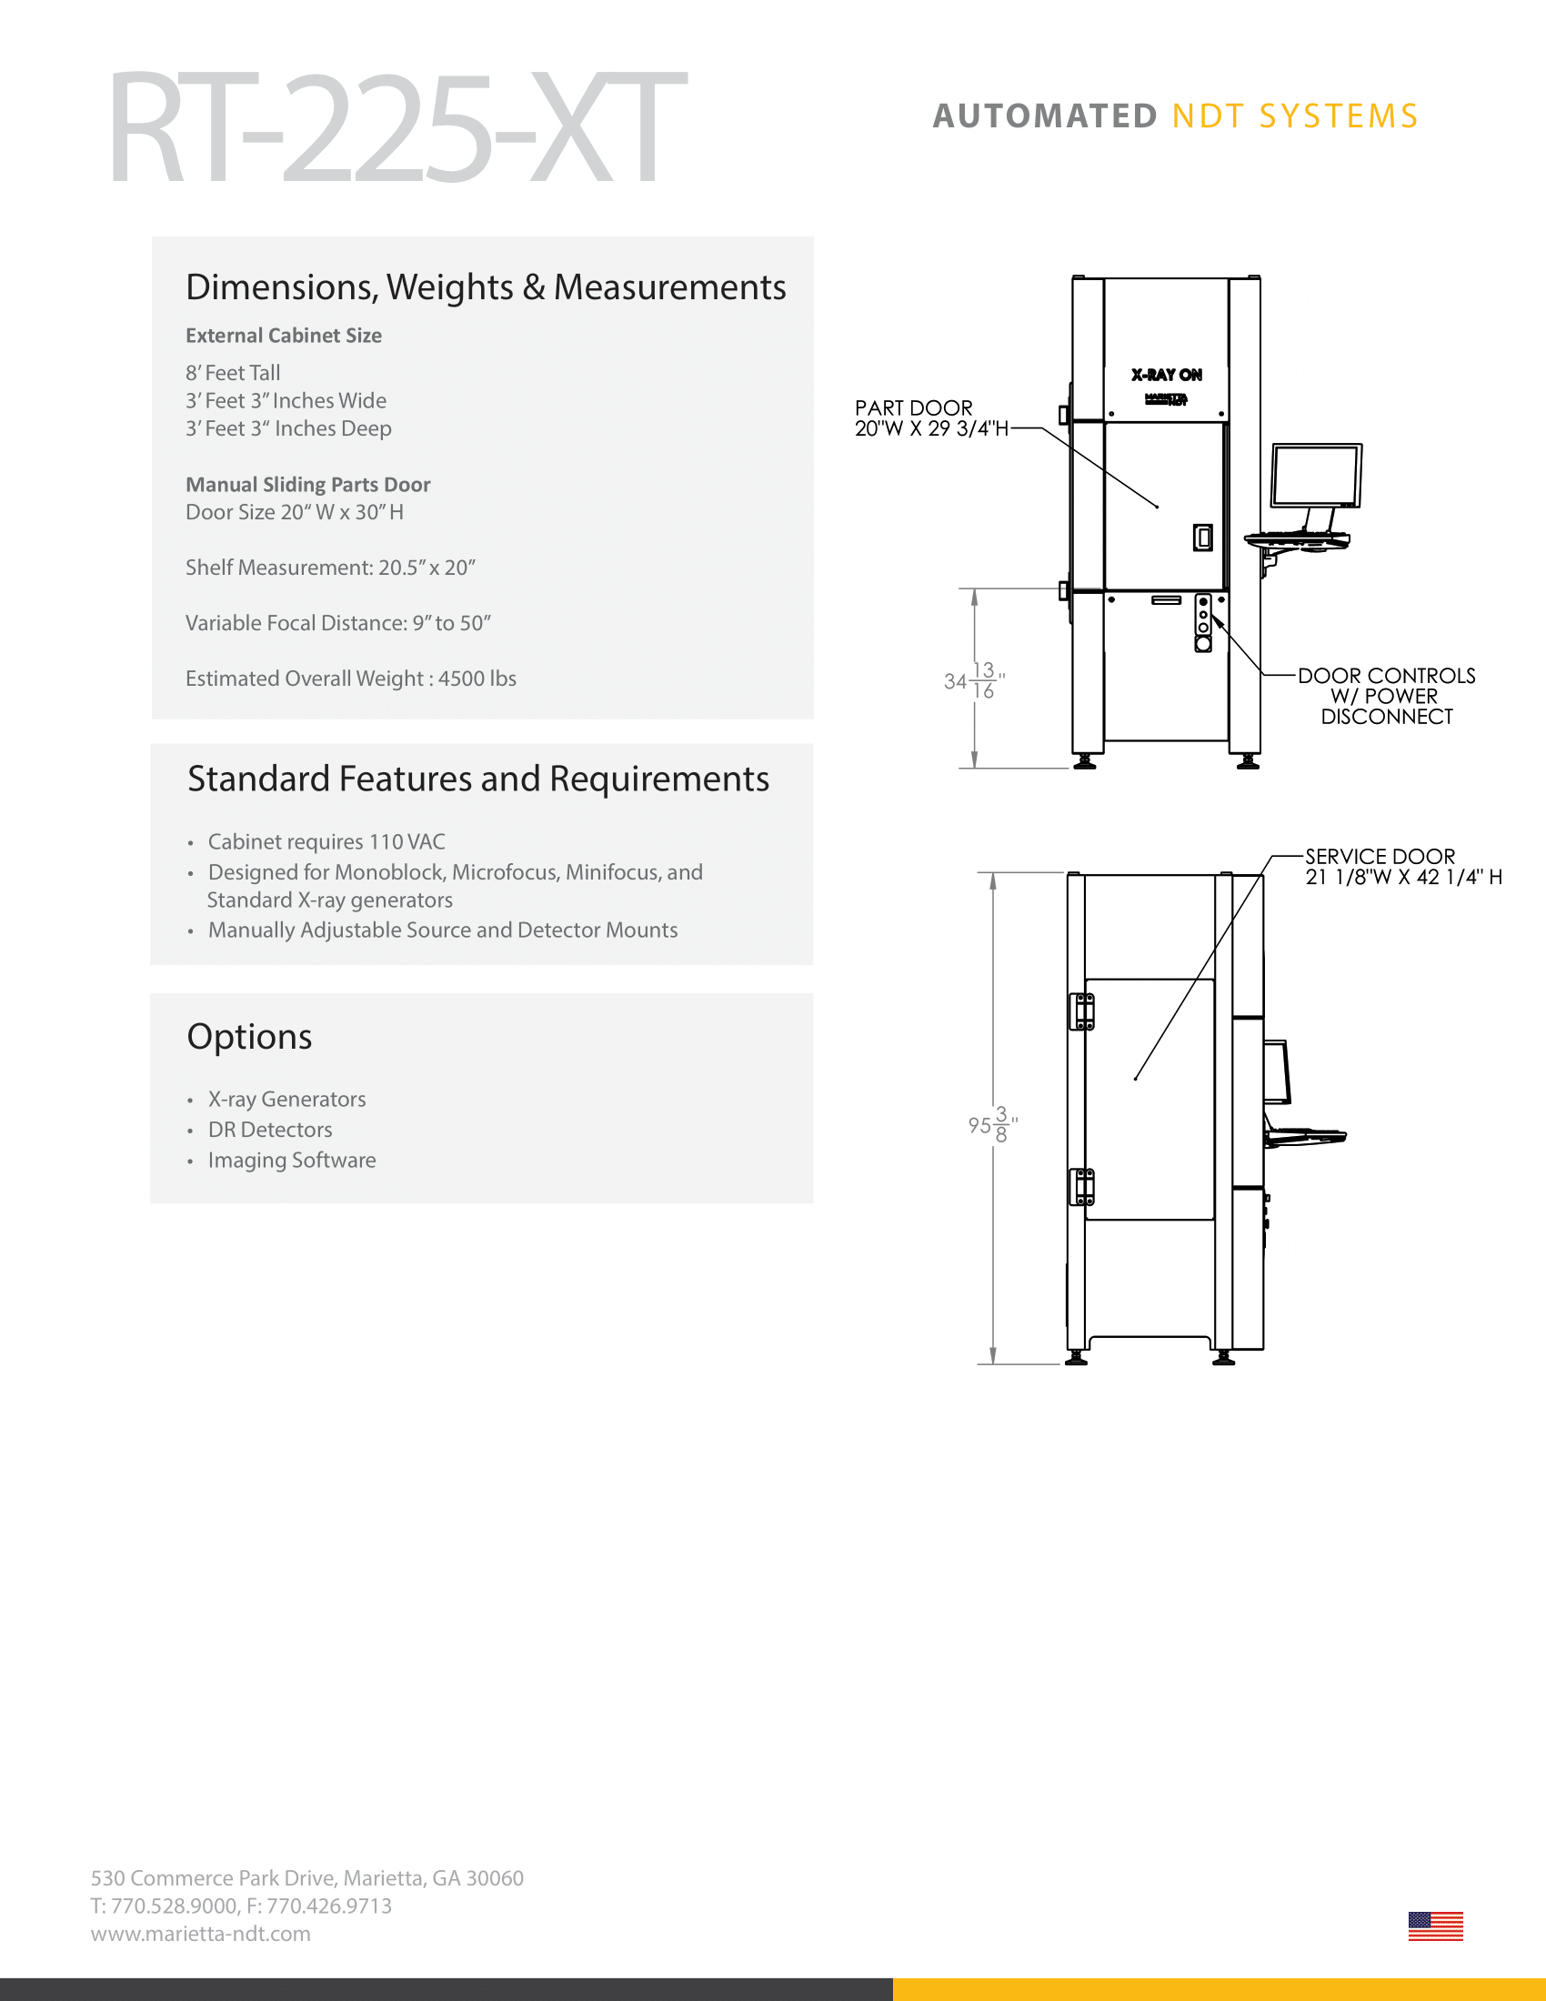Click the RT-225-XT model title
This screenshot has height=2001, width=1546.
click(x=397, y=128)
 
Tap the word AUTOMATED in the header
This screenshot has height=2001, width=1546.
click(x=1045, y=116)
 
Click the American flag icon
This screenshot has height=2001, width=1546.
click(x=1434, y=1926)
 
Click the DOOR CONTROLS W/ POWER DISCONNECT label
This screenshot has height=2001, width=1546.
click(x=1386, y=697)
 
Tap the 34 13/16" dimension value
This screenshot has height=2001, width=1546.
click(x=974, y=680)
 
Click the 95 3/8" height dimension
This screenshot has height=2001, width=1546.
click(x=992, y=1124)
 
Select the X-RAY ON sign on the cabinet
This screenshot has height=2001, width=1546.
click(x=1166, y=375)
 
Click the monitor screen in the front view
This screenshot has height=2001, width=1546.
click(x=1315, y=475)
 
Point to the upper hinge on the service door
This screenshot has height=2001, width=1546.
click(x=1082, y=1011)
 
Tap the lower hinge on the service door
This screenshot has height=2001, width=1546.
click(x=1082, y=1186)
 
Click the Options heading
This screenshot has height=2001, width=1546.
click(x=249, y=1036)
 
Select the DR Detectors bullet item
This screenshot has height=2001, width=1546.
click(x=269, y=1130)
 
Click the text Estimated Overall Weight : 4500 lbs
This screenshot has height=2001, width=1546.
click(x=351, y=679)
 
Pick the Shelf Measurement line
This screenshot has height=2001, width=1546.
click(x=331, y=568)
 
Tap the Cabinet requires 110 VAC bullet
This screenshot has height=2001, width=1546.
click(x=326, y=842)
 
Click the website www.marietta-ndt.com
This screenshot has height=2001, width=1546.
click(x=201, y=1933)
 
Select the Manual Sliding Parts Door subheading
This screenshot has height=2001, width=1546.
click(x=307, y=485)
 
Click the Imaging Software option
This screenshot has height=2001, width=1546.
click(x=291, y=1160)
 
